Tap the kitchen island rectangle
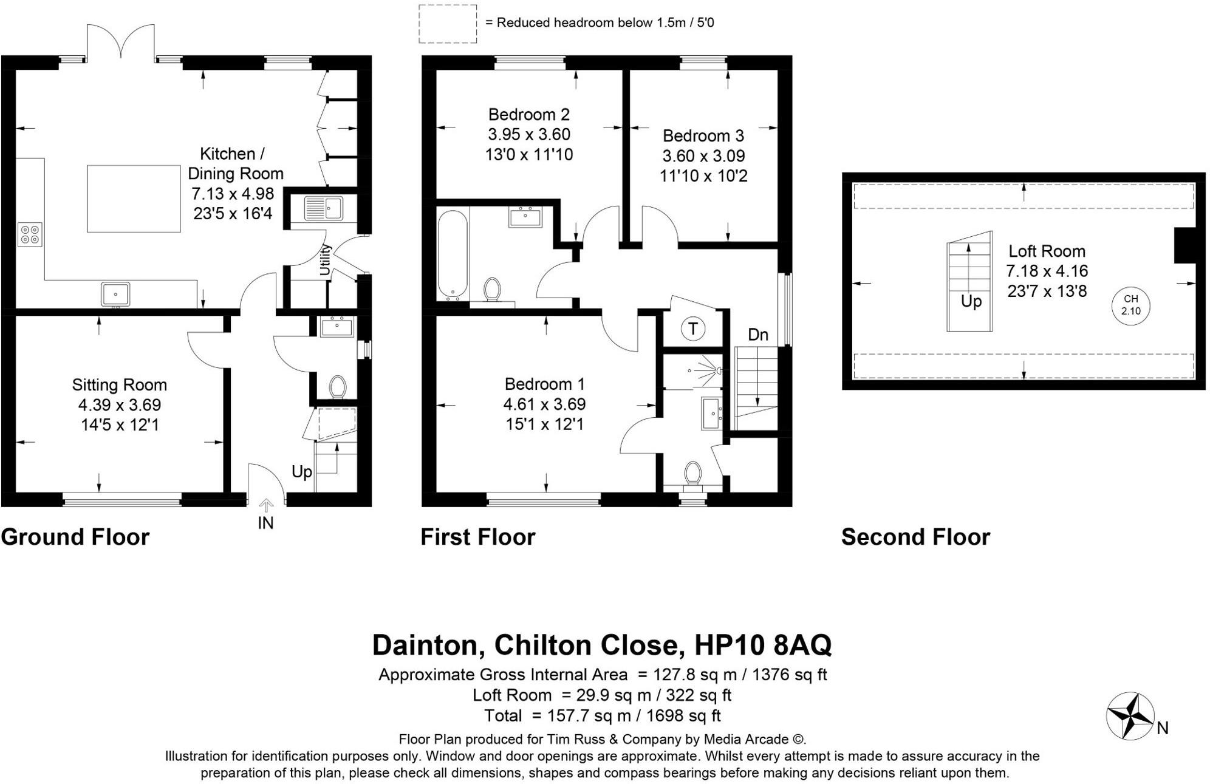pos(134,199)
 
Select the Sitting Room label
pos(119,384)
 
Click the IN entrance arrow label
pos(265,523)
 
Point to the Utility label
pos(326,259)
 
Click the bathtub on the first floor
pos(453,255)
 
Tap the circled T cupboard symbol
pos(692,329)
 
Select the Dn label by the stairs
pos(757,335)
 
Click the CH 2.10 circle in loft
pos(1130,305)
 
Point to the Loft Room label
pos(1047,251)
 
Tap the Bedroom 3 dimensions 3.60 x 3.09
pos(703,155)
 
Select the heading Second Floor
pos(915,537)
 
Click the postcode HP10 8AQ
pos(762,645)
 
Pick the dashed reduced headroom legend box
pos(448,24)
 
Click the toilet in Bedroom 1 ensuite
pos(692,474)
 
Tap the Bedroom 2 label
pos(528,114)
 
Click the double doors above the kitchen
pos(121,43)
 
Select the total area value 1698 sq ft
pos(683,716)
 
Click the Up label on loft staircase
pos(971,301)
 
